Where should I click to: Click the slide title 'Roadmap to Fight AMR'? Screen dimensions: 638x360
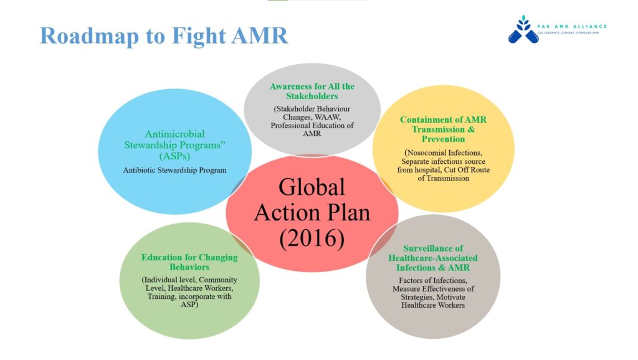pos(164,36)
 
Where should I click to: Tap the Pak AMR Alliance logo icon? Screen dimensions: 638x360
pos(523,29)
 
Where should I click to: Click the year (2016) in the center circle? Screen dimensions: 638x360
pos(312,238)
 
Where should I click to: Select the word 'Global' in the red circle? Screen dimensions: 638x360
pos(312,187)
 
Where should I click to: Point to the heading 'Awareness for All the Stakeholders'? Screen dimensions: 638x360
pos(312,91)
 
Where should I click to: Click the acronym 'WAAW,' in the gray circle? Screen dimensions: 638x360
pos(326,117)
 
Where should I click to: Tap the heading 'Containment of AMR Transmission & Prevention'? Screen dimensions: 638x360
pos(443,130)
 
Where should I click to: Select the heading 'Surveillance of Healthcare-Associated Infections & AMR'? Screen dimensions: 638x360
pos(433,258)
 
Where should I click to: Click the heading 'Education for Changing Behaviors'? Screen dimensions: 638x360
pos(189,262)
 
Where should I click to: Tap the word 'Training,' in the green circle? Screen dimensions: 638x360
pos(162,296)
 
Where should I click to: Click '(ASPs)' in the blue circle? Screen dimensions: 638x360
pos(174,156)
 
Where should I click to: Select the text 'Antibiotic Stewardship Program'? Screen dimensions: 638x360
pos(174,170)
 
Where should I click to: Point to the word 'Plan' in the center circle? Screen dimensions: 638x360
pos(346,213)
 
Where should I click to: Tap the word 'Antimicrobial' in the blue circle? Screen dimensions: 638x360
pos(174,134)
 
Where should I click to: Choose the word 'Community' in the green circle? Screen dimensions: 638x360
pos(217,280)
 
